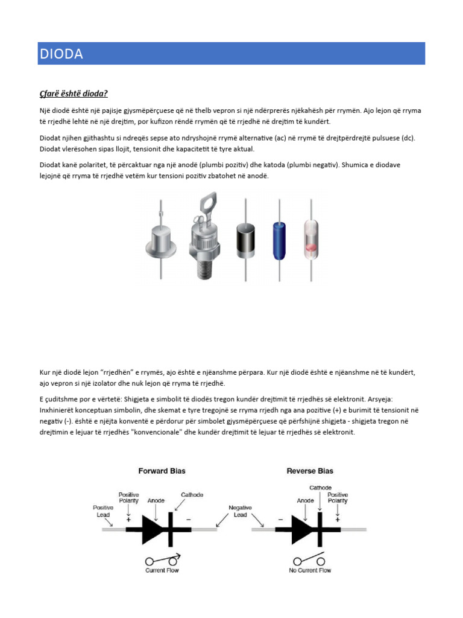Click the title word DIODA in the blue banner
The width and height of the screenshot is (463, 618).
[61, 54]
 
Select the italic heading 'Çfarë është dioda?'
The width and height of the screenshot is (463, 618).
[74, 94]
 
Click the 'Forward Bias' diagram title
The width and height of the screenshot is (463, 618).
[162, 471]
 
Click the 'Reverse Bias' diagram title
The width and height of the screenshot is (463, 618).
[309, 471]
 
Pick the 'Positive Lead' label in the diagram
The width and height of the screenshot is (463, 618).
[103, 511]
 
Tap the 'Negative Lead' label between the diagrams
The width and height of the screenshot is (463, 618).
[240, 511]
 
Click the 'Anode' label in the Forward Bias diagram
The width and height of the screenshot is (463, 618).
[156, 500]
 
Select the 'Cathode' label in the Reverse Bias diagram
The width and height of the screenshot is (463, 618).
[320, 487]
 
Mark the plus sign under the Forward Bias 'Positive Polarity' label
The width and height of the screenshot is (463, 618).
[128, 518]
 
